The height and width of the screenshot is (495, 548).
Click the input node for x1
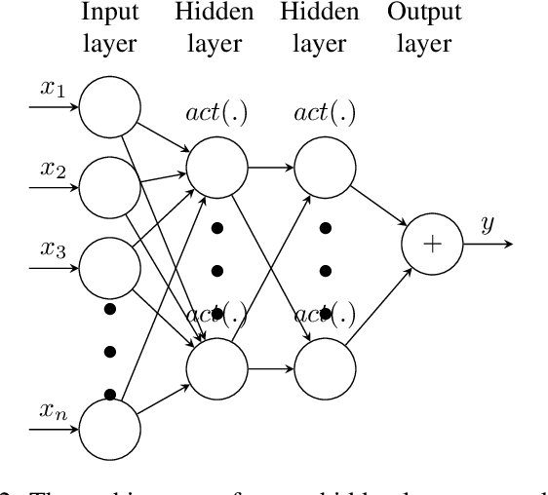tap(108, 107)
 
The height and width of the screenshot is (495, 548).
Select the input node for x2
tap(108, 185)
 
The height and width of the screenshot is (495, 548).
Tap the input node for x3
tap(108, 263)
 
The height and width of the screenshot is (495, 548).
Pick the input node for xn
tap(108, 428)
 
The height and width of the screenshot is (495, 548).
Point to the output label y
tap(488, 225)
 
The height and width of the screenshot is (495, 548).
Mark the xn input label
tap(52, 410)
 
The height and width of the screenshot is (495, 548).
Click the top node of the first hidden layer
tap(216, 166)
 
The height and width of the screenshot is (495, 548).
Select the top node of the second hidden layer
tap(324, 166)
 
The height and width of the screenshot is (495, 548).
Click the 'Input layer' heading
tap(108, 28)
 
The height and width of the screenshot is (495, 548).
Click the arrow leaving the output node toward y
tap(488, 244)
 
